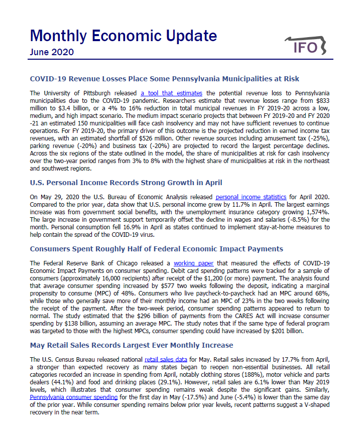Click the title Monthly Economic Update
point(123,36)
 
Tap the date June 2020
point(52,52)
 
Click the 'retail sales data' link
point(166,359)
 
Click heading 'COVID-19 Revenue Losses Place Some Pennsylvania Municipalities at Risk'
point(164,79)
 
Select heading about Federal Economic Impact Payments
point(156,249)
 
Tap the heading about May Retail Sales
point(132,345)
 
